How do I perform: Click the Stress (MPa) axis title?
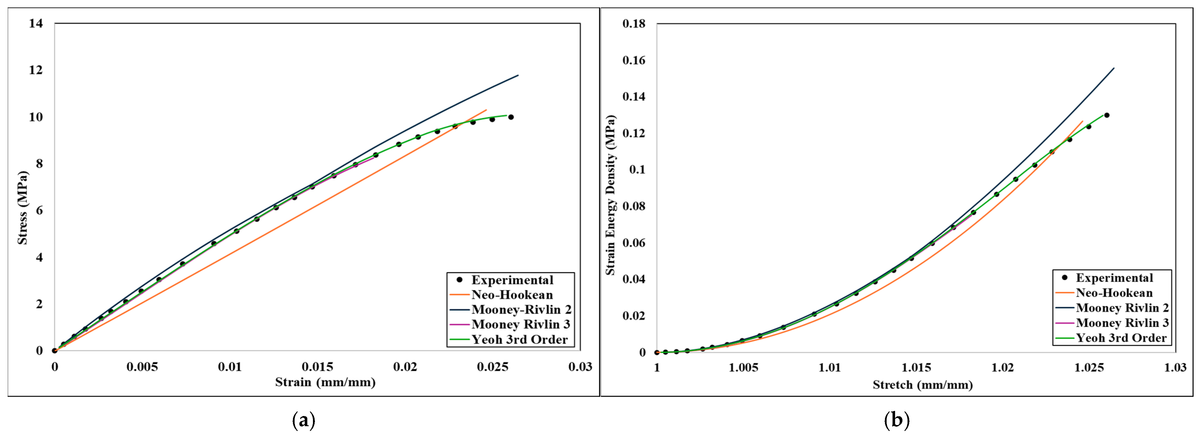[22, 208]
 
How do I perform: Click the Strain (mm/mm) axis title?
[325, 382]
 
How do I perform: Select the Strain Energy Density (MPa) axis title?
[610, 195]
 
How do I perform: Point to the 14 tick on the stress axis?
[36, 23]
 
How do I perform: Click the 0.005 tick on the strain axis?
[142, 367]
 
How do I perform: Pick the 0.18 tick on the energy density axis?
[634, 24]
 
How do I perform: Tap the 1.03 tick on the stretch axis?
[1175, 368]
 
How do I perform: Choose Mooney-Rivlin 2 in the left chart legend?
[521, 310]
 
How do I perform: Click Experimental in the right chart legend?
[1114, 278]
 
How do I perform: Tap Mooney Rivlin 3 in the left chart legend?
[520, 325]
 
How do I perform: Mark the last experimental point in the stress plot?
[511, 117]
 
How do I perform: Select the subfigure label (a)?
[303, 420]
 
